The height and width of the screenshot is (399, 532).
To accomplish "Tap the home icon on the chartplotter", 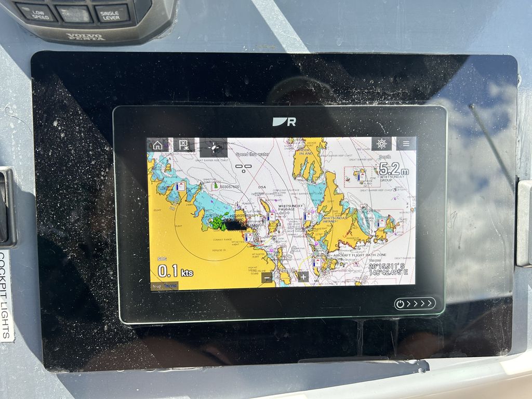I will [x=158, y=145].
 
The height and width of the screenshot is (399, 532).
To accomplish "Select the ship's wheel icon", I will [x=381, y=144].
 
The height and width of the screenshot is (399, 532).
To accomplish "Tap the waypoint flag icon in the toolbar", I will [x=183, y=145].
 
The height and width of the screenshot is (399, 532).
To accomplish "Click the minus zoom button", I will [x=267, y=277].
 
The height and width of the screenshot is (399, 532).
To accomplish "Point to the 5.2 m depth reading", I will [x=393, y=169].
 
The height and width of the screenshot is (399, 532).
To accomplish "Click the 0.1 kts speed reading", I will [x=175, y=271].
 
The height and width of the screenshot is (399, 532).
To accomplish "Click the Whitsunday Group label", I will [x=392, y=179].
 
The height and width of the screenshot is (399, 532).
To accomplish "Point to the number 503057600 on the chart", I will [x=229, y=187].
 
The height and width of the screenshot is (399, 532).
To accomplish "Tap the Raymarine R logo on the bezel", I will [x=284, y=122].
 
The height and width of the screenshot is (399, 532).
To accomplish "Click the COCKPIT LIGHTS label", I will [x=6, y=296].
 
